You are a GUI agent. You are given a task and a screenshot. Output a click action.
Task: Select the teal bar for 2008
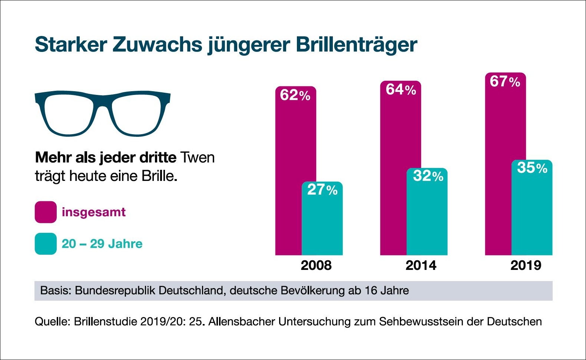point(322,222)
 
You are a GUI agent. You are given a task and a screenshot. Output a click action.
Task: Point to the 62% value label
point(295,95)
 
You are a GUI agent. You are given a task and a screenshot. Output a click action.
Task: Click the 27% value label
point(322,190)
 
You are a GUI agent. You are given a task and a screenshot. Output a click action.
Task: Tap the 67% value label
point(505,82)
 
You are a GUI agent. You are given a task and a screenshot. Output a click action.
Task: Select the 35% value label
point(532,168)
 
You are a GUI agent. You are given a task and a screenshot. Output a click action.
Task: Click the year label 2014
point(421,265)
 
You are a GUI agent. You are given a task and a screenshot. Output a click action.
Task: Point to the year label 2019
point(526,265)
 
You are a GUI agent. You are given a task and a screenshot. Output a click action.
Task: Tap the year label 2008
point(316,265)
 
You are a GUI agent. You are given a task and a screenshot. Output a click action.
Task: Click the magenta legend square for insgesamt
point(46,212)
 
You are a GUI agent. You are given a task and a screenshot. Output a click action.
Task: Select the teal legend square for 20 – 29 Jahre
point(46,244)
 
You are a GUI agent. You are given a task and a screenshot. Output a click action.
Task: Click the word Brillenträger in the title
point(356,45)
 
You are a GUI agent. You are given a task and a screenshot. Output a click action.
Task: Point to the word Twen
point(198,158)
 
